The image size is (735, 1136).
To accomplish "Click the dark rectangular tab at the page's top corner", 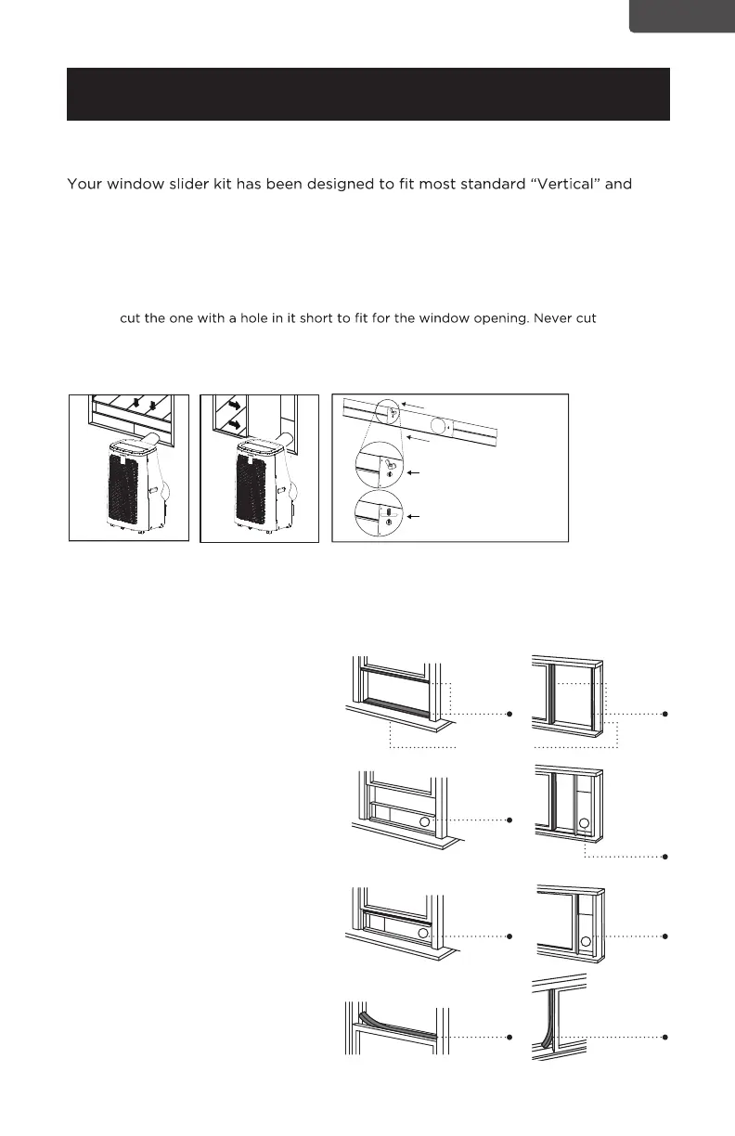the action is click(x=681, y=16).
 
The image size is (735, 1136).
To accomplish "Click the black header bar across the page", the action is click(x=367, y=94).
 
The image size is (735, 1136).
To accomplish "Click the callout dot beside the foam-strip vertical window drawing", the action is click(x=665, y=1036).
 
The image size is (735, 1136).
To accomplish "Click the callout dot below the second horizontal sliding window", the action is click(x=665, y=856).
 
